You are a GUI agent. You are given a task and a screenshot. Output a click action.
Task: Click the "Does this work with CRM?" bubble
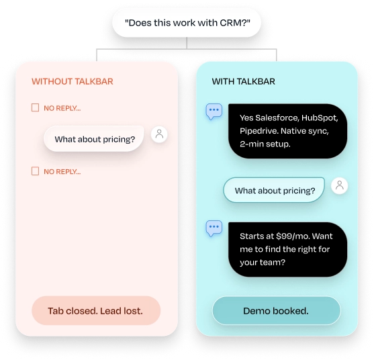187,23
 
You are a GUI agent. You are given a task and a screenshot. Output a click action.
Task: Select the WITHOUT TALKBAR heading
73,81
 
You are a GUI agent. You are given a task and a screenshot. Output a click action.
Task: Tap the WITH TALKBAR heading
243,81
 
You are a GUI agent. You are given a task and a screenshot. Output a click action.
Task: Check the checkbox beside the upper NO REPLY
36,107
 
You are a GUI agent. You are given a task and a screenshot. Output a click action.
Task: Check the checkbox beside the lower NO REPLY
36,171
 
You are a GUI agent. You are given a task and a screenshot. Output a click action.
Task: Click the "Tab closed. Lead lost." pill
96,310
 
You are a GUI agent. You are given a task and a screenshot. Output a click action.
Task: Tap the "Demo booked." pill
276,310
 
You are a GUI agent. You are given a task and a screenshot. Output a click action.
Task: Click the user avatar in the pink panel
159,134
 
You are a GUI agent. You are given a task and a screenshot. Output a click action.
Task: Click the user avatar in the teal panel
339,185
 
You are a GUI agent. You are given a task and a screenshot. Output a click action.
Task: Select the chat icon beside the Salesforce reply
214,111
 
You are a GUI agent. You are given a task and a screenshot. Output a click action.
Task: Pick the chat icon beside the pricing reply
214,228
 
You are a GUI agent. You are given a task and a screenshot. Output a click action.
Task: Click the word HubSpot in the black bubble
320,118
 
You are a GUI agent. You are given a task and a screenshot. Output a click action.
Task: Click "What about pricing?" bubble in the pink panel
94,139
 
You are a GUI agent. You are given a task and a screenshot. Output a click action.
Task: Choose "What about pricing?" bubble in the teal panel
274,190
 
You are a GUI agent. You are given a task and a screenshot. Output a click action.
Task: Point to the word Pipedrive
259,131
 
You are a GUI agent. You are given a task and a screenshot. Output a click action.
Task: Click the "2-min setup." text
265,144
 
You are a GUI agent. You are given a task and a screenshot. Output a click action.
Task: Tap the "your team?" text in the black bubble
263,263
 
